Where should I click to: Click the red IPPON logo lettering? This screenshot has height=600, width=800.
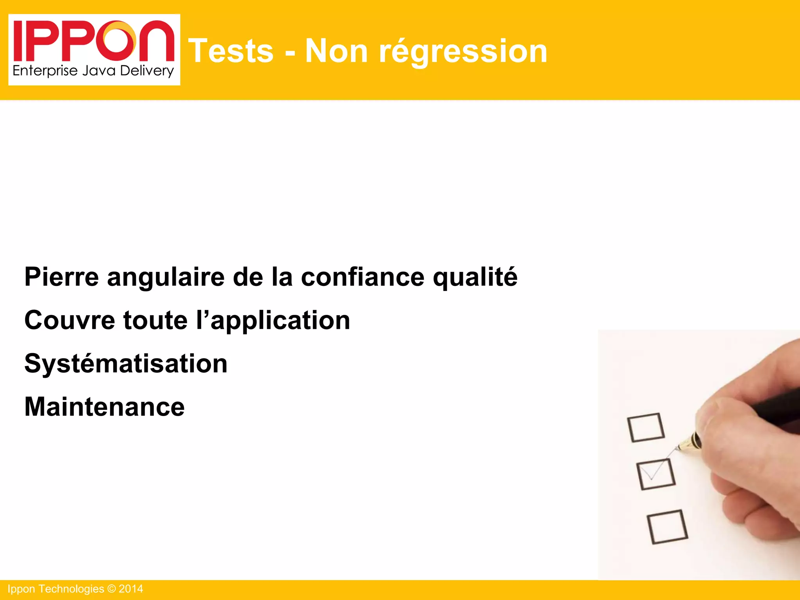94,41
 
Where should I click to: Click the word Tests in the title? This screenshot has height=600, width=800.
231,51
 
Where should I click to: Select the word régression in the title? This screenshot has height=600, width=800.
463,52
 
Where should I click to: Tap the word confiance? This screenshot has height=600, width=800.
362,277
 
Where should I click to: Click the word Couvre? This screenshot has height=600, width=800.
70,320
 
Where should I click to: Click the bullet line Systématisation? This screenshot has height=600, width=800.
126,364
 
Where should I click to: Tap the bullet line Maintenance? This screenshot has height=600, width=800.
104,407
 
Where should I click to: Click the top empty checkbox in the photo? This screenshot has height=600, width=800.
646,428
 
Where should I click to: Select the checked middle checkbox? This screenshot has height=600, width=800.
656,474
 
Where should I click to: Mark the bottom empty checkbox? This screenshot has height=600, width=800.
667,527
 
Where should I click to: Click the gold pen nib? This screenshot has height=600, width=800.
687,444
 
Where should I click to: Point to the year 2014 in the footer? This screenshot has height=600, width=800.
131,589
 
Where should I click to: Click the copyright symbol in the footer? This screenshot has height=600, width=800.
111,589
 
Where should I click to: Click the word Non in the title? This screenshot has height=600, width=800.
336,51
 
